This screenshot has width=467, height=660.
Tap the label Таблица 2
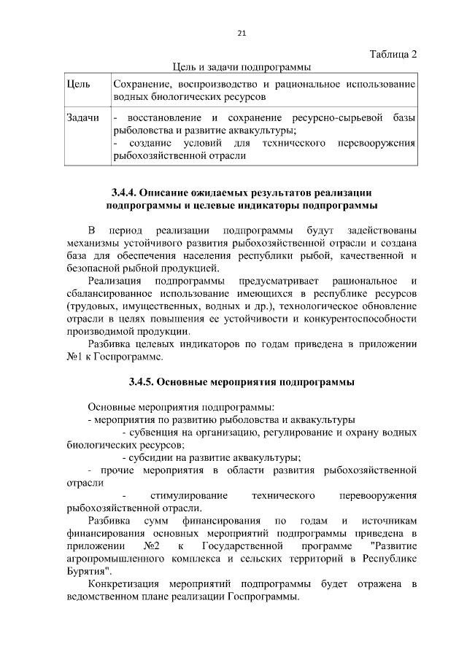[393, 55]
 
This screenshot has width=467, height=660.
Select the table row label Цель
[78, 85]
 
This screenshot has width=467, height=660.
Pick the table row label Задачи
[82, 118]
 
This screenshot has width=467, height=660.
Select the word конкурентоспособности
[361, 319]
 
